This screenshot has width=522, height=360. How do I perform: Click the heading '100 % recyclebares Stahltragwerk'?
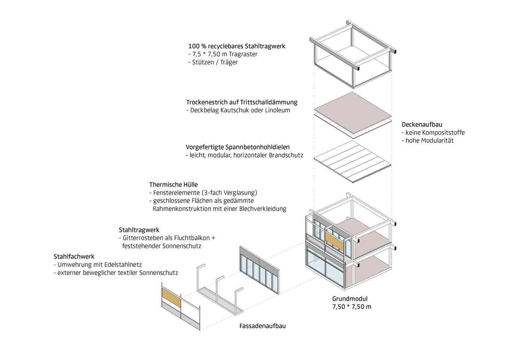tap(237, 46)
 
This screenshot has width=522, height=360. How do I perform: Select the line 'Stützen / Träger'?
tap(215, 63)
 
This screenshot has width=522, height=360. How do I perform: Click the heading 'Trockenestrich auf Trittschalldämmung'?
tap(242, 102)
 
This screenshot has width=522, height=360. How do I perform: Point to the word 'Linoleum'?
tap(277, 110)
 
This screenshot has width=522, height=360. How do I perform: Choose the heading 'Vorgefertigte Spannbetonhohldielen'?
tap(237, 147)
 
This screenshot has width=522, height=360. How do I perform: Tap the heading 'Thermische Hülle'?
tap(173, 184)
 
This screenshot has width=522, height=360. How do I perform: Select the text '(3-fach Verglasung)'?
tap(230, 193)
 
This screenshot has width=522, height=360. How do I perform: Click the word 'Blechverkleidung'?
tap(263, 209)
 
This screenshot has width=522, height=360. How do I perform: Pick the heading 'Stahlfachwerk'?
tap(74, 257)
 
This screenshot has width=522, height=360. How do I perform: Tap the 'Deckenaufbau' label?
tap(422, 124)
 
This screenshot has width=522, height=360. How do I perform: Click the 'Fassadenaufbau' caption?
tap(262, 326)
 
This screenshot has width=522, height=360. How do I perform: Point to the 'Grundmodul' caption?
tap(350, 299)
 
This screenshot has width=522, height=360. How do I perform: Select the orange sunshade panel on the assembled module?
tap(334, 241)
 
